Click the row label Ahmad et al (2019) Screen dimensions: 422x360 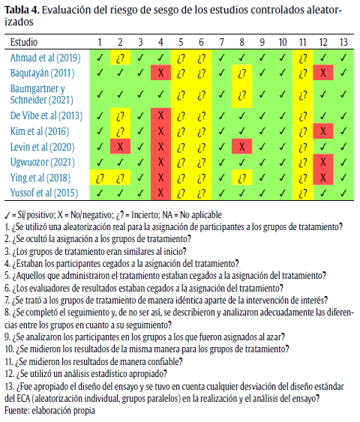point(44,57)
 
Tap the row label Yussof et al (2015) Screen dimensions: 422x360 point(43,193)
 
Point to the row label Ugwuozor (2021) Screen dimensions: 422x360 point(41,162)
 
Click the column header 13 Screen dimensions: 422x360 point(343,42)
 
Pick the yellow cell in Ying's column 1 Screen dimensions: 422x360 point(99,178)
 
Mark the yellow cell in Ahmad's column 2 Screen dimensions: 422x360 point(119,57)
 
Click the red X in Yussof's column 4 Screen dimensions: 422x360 point(160,193)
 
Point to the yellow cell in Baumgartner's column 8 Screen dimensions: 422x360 point(241,94)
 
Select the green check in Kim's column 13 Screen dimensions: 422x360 point(343,130)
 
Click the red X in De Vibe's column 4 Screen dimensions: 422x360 point(160,115)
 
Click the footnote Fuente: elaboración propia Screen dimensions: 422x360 point(50,411)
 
